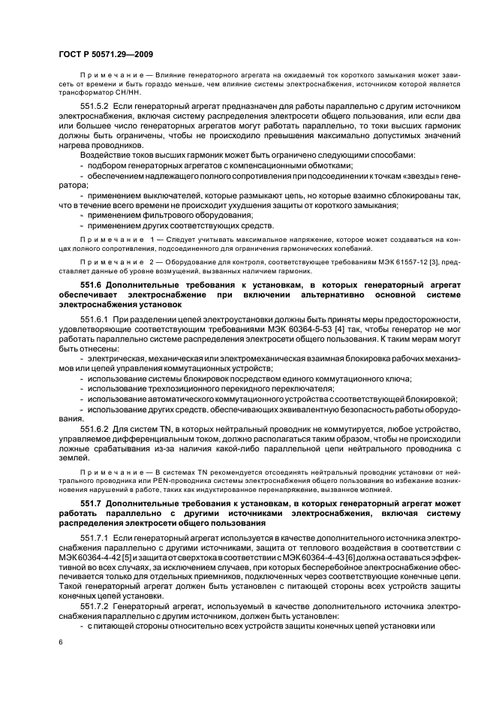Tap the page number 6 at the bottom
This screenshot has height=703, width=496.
[x=60, y=642]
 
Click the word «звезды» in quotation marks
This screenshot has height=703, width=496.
[x=401, y=174]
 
